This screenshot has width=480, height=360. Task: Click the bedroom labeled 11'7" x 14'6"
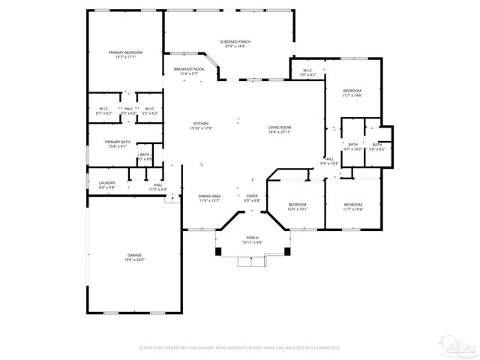pos(352,92)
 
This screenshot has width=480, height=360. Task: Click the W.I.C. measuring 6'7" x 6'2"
pos(104,111)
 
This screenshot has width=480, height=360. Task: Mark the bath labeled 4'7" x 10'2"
pos(353,146)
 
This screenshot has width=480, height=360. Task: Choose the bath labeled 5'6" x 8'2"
pos(376,146)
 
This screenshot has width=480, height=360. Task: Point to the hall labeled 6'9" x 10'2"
pos(330,160)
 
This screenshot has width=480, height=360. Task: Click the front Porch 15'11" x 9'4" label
pos(252,240)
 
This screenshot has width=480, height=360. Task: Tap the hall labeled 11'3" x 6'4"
pos(157,187)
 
